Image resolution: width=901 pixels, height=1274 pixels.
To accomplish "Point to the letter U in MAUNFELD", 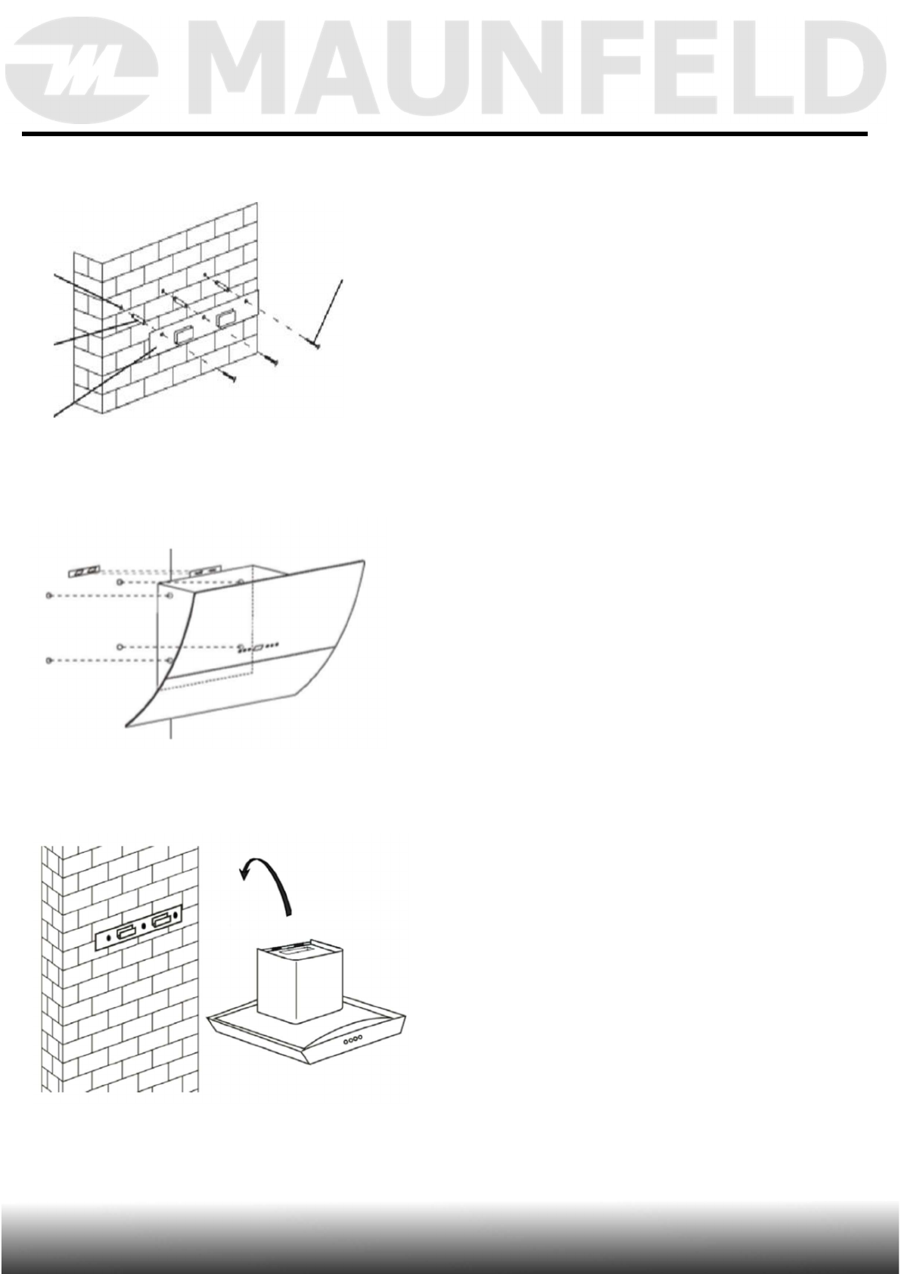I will click(418, 73).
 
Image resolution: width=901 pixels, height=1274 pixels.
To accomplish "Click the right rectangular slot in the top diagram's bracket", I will click(225, 318).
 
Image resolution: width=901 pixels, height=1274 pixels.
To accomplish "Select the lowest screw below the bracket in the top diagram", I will click(230, 375).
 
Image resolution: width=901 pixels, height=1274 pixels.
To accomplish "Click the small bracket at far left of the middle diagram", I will click(84, 570).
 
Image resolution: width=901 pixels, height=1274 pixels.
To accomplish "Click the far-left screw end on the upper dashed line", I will click(49, 596).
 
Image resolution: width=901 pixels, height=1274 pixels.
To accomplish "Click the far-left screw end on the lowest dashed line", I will click(49, 661).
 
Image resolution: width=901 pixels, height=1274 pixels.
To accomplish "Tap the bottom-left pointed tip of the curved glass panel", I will click(127, 726).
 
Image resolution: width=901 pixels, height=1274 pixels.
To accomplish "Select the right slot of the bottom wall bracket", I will click(162, 921).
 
